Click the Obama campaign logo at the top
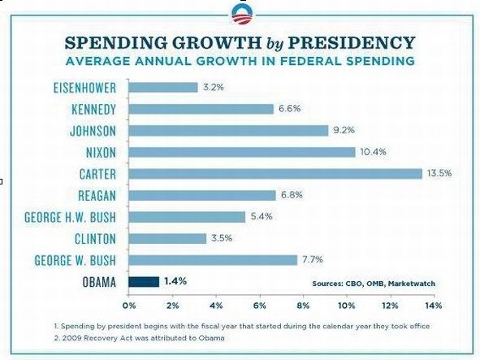tap(242, 15)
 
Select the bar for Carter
tap(275, 174)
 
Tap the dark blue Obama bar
tap(144, 282)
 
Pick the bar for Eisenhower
tap(163, 87)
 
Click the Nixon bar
tap(242, 152)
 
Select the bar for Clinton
tap(167, 238)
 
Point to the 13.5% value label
tap(439, 173)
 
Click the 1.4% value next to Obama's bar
tap(175, 281)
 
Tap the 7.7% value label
tap(313, 259)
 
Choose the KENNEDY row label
tap(93, 110)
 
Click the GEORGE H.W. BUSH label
tap(71, 217)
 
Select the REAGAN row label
tap(97, 196)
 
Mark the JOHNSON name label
tap(93, 131)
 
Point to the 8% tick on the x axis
tap(303, 306)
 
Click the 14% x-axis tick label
tap(434, 306)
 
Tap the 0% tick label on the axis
tap(129, 306)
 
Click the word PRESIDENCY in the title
tap(352, 42)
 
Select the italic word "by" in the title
tap(275, 44)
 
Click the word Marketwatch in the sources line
tap(412, 284)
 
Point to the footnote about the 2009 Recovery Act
tap(139, 338)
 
